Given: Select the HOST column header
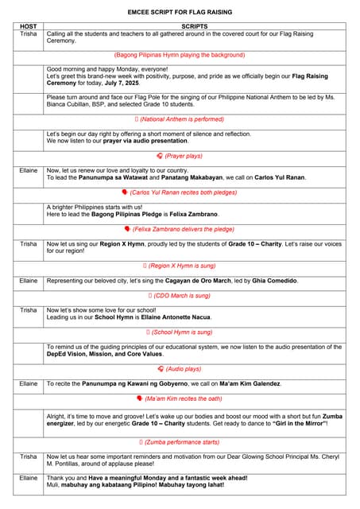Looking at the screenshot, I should (28, 26).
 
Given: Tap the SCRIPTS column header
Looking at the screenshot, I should (194, 26).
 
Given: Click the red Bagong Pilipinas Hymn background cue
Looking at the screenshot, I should (180, 55).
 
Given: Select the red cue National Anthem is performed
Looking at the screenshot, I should (180, 119).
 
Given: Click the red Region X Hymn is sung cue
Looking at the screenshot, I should (180, 265).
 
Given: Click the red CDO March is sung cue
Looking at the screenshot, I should (180, 295).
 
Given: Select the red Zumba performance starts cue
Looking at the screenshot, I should (180, 441).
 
